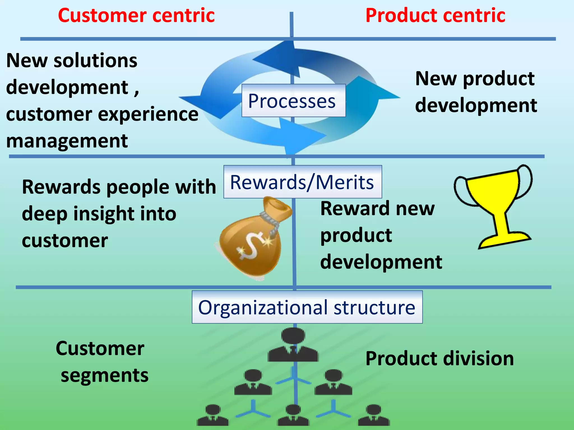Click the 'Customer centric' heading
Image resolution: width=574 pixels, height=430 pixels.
pos(136,15)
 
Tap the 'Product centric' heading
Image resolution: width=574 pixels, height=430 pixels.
pos(435,15)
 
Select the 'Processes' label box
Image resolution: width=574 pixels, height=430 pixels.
pos(293,101)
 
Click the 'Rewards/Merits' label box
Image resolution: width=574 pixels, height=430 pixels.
pos(302,182)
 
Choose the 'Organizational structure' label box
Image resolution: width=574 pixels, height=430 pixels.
pos(307,307)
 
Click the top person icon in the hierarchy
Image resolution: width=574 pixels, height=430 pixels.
pos(293,346)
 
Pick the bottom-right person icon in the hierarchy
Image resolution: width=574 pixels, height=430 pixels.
pos(374,416)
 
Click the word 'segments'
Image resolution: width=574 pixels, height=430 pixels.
pos(105,376)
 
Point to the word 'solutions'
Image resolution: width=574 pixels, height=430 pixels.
pos(95,60)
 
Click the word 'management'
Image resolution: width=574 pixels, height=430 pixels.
pos(67,141)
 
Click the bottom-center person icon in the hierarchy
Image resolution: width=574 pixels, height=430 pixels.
pos(293,416)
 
